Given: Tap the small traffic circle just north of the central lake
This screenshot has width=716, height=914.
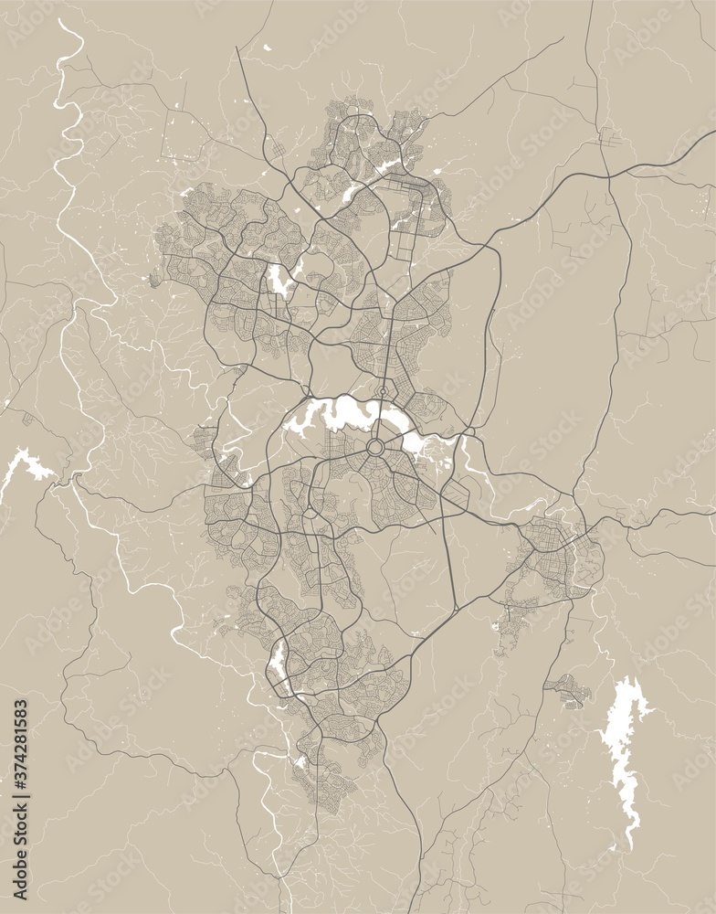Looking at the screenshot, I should [382, 393].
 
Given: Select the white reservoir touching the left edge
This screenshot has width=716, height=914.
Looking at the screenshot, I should [27, 466].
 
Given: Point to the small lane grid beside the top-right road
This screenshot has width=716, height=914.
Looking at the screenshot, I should [608, 137].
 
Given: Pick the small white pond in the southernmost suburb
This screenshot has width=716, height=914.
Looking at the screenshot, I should [300, 760].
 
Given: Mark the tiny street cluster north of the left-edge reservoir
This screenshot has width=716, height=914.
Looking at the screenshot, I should [27, 420].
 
